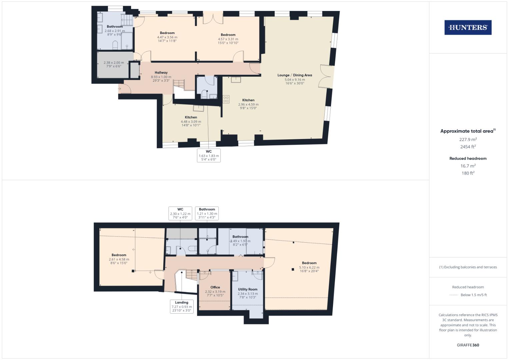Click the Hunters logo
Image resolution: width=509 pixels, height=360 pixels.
[x=468, y=28]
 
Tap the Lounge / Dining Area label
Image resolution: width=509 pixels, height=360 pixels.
[x=295, y=75]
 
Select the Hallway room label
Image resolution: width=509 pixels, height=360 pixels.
[x=161, y=73]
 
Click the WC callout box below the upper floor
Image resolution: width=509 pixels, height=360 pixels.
[x=209, y=155]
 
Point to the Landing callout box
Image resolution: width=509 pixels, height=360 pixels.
[x=182, y=306]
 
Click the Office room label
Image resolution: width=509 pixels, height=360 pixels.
[x=215, y=287]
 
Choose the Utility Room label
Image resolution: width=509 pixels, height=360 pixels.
[x=248, y=289]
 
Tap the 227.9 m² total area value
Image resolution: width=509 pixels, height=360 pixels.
[x=468, y=139]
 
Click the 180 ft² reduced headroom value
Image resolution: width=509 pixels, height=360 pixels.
[x=468, y=173]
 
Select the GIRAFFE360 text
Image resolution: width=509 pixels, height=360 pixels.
[x=468, y=345]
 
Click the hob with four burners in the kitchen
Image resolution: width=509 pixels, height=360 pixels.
[x=226, y=99]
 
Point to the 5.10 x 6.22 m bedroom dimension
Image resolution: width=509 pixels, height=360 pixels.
[x=309, y=267]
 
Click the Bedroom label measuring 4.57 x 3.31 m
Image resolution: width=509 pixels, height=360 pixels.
[x=228, y=35]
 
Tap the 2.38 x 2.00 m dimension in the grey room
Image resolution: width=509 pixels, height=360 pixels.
[x=114, y=63]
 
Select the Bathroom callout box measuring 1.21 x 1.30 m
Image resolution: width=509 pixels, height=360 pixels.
[x=207, y=213]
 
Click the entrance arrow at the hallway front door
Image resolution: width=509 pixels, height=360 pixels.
[x=120, y=89]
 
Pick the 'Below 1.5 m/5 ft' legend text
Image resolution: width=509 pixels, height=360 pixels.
[x=474, y=295]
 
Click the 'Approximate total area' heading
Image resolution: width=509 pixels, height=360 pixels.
[x=467, y=131]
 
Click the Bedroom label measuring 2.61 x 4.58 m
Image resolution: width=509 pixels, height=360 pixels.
[x=119, y=255]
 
